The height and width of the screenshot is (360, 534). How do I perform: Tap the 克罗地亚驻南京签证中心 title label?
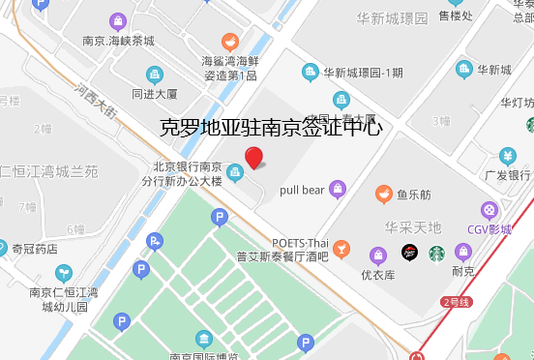270,127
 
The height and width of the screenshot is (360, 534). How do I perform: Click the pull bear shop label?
301,190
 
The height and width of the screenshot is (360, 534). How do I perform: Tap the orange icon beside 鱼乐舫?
383,194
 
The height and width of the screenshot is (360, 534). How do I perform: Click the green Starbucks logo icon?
436,253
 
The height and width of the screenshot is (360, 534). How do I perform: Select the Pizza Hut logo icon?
409,253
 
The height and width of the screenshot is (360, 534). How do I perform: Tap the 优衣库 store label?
378,275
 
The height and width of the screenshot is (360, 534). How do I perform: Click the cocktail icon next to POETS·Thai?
341,249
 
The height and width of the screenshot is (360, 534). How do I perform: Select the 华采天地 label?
412,227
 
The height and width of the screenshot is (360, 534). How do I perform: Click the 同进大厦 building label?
155,94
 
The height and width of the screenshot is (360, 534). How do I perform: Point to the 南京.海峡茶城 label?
118,41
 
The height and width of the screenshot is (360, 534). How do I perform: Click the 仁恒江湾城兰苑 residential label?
48,172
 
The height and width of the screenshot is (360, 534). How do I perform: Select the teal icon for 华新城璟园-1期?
310,71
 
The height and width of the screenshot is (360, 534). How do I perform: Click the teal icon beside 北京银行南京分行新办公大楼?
235,172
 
